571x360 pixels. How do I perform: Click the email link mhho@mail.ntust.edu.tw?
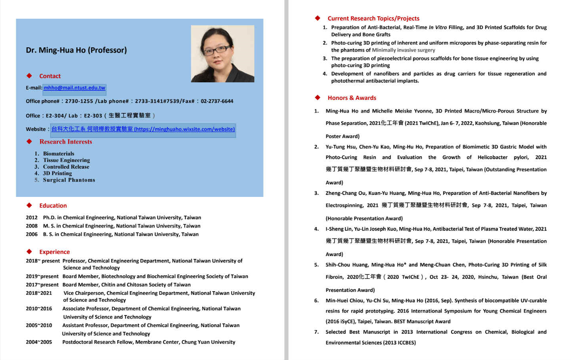pyautogui.click(x=74, y=88)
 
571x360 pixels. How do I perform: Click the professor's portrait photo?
pyautogui.click(x=222, y=54)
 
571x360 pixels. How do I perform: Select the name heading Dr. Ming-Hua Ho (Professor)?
pyautogui.click(x=76, y=50)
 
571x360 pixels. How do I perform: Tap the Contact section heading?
pyautogui.click(x=50, y=76)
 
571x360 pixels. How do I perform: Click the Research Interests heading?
pyautogui.click(x=66, y=142)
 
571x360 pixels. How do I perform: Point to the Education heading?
pyautogui.click(x=53, y=206)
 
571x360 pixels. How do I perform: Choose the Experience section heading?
pyautogui.click(x=55, y=252)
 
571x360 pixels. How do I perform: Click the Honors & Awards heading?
pyautogui.click(x=352, y=98)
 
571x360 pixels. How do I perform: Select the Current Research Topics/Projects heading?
pyautogui.click(x=373, y=18)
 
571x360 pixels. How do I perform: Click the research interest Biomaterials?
pyautogui.click(x=58, y=154)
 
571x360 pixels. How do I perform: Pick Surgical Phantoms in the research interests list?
pyautogui.click(x=69, y=180)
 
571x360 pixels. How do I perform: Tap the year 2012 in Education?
pyautogui.click(x=31, y=218)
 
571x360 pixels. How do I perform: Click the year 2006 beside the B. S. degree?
pyautogui.click(x=31, y=234)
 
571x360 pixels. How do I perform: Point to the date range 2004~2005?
pyautogui.click(x=39, y=342)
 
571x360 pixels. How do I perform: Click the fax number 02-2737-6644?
pyautogui.click(x=217, y=101)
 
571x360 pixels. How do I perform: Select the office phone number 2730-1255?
pyautogui.click(x=79, y=101)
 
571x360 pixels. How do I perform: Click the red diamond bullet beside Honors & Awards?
pyautogui.click(x=318, y=97)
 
